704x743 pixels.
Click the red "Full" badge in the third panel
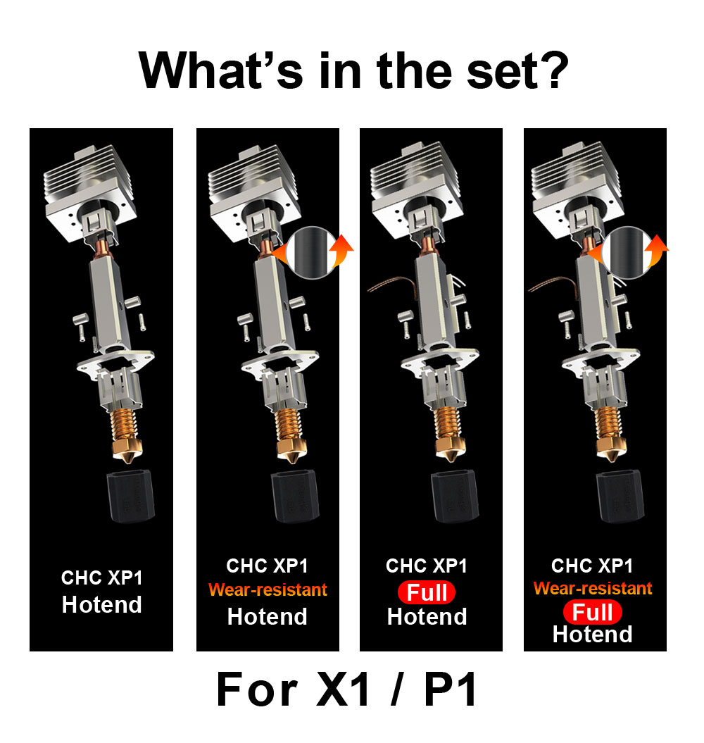[x=427, y=592]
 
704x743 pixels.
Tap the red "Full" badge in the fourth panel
[x=592, y=612]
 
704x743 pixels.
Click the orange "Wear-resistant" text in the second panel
[x=267, y=590]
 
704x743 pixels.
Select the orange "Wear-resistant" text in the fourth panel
[x=593, y=588]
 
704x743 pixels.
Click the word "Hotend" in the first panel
[x=101, y=604]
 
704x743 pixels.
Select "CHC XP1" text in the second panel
[x=267, y=566]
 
